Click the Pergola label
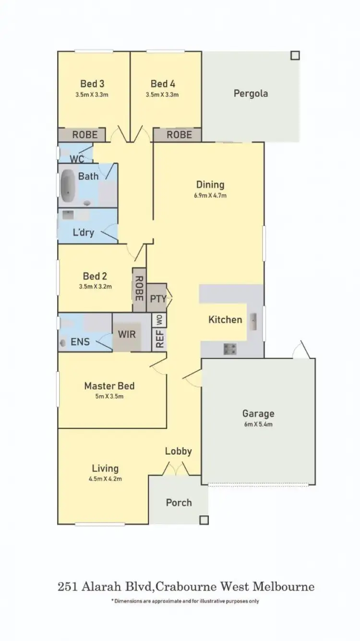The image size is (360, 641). tap(251, 93)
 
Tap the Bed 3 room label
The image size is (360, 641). tap(92, 84)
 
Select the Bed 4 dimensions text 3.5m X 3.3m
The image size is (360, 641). tap(162, 95)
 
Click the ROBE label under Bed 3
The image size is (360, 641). tap(84, 135)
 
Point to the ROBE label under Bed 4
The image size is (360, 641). tap(179, 135)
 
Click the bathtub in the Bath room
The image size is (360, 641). tap(68, 185)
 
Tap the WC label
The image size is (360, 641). tap(77, 159)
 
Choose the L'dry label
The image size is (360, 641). tap(83, 233)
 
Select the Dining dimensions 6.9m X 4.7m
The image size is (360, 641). tap(210, 195)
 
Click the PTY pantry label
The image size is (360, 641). tap(157, 298)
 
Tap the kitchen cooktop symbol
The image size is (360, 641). tap(230, 349)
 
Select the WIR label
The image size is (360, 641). tap(127, 334)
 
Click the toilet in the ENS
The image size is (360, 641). tap(63, 343)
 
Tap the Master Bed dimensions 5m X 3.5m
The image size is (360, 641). tap(109, 397)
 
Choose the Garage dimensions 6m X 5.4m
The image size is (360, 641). tap(258, 424)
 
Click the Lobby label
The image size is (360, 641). tap(179, 451)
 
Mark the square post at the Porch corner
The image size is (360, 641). tap(204, 520)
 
